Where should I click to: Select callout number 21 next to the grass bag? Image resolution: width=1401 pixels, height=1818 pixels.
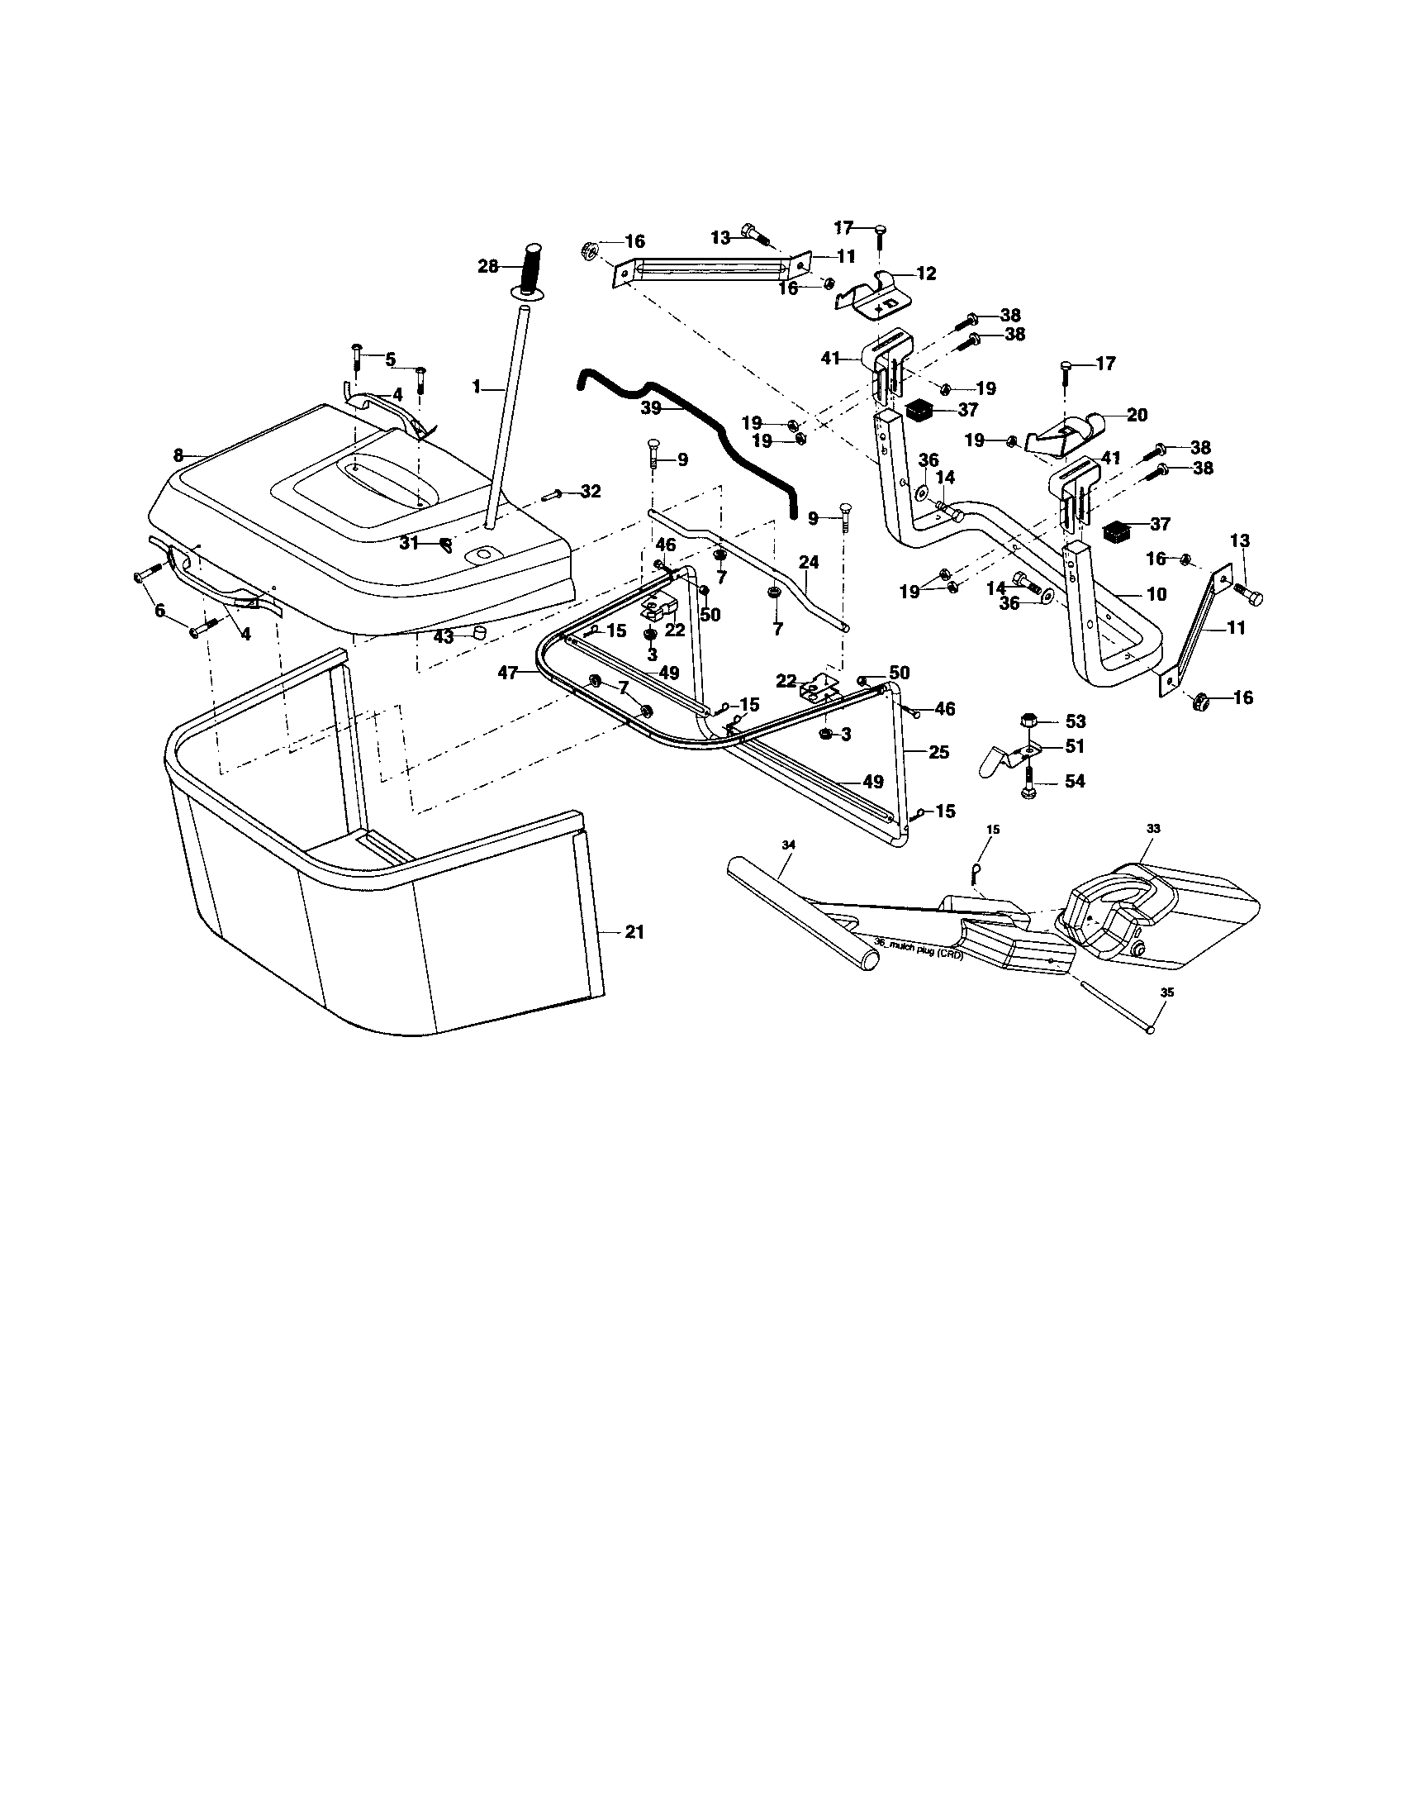pos(634,933)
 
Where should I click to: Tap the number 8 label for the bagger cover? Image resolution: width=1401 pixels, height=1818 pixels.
pos(178,455)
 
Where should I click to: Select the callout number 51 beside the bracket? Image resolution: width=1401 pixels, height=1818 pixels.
pos(1075,747)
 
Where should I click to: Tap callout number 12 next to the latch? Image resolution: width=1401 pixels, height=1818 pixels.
pos(926,273)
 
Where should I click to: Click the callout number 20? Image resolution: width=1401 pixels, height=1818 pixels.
pos(1137,415)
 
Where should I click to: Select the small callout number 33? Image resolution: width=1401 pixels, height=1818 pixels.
pos(1153,829)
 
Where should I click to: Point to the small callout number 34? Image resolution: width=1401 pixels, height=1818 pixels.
pos(790,845)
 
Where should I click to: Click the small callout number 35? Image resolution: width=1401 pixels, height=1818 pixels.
pos(1166,992)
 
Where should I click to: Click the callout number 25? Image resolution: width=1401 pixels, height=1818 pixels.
pos(938,753)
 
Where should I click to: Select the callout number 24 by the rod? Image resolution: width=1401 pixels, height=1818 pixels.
pos(808,564)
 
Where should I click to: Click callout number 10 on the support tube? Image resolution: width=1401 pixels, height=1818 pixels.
pos(1156,594)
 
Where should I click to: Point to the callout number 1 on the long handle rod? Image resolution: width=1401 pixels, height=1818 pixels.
pos(477,386)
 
